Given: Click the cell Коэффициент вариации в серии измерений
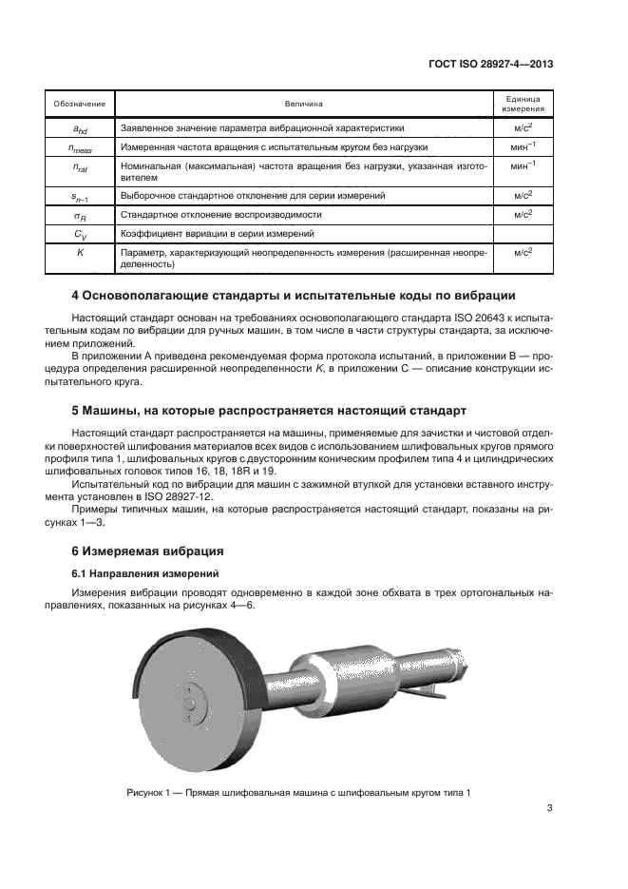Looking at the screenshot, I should (x=223, y=233).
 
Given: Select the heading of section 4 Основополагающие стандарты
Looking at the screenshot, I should (x=295, y=294).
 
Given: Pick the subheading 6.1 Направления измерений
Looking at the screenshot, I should (x=145, y=573).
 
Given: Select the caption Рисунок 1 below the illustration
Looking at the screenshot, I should (x=298, y=793).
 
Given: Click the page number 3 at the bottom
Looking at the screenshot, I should (x=550, y=809).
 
